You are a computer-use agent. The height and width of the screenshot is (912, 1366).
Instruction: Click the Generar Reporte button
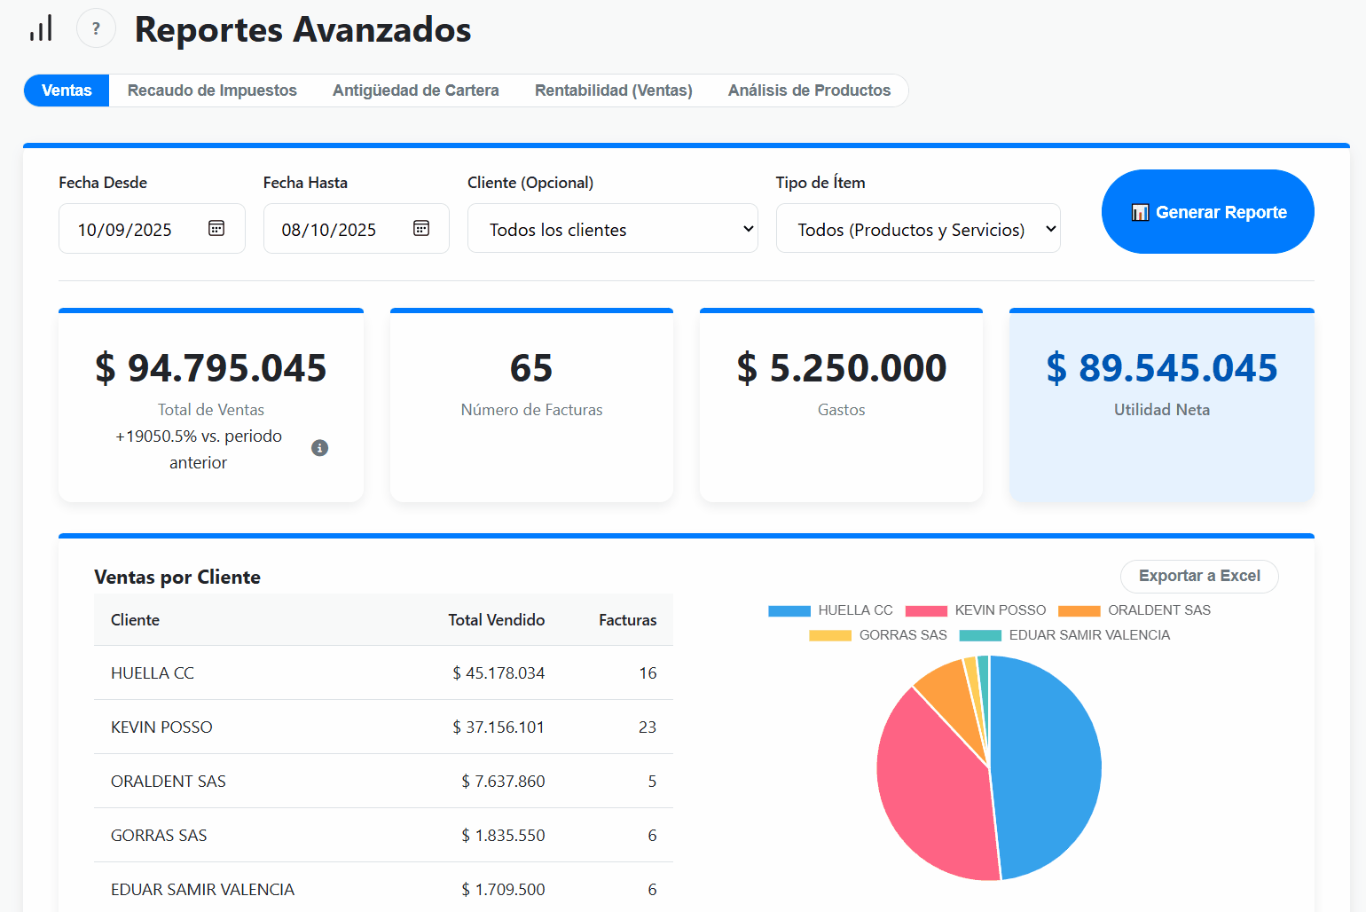tap(1207, 212)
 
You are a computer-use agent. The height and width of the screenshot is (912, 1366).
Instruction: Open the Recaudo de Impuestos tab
tap(212, 90)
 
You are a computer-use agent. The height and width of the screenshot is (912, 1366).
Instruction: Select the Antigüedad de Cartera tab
tap(415, 90)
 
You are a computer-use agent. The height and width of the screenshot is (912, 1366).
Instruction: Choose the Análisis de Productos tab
tap(809, 90)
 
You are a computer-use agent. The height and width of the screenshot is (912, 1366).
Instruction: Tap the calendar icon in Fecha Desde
tap(216, 229)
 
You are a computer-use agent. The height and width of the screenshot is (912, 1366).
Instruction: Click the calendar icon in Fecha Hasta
tap(421, 229)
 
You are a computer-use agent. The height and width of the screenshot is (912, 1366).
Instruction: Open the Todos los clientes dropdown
tap(612, 229)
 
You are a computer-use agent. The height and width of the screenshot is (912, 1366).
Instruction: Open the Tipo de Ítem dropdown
tap(917, 229)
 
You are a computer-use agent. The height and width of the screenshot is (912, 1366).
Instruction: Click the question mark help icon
tap(96, 28)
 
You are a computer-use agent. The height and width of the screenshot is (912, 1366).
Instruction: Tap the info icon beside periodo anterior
tap(320, 448)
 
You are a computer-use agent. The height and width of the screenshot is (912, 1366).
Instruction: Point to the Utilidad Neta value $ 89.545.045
tap(1161, 368)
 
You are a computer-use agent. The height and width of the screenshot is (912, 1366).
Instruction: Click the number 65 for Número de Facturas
tap(530, 368)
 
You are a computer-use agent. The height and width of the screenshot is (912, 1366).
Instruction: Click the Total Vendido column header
tap(496, 620)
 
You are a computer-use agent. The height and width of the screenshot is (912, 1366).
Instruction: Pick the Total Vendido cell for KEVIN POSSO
tap(498, 727)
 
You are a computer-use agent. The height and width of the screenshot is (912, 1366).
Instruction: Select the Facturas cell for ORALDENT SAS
tap(652, 782)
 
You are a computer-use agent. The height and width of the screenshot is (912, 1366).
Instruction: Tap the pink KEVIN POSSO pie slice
tap(931, 790)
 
